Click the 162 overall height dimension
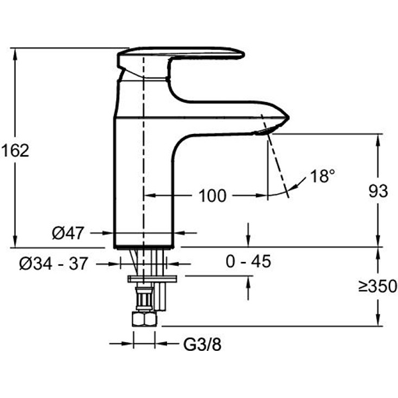[x=15, y=151]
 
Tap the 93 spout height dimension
[x=378, y=191]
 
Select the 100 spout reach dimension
[x=212, y=196]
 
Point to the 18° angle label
[x=323, y=176]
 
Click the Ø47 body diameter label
[x=68, y=233]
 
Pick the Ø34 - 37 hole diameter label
[x=54, y=263]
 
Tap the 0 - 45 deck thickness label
[x=249, y=261]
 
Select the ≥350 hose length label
[x=378, y=286]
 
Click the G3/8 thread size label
[x=202, y=344]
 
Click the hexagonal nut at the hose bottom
[x=144, y=319]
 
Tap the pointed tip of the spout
[x=289, y=118]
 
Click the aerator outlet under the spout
[x=264, y=131]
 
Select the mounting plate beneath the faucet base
[x=152, y=279]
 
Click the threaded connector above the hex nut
[x=145, y=298]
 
